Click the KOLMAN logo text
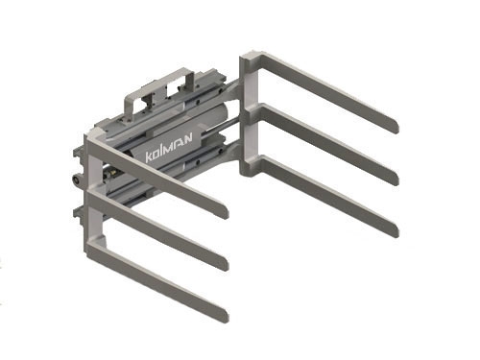tap(169, 148)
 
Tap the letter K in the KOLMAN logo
tap(149, 156)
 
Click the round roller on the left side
tap(78, 180)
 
